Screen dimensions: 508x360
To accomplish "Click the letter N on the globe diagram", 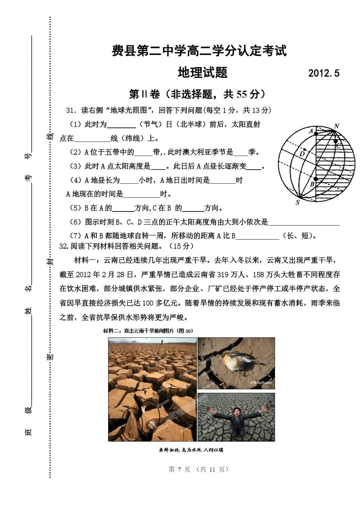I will [337, 126].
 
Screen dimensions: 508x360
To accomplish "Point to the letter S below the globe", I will [297, 202].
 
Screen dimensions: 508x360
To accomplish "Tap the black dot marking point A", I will [316, 133].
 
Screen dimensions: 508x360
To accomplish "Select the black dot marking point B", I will [315, 179].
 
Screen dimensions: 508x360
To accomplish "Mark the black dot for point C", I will [336, 141].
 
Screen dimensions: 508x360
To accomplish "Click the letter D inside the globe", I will [302, 154].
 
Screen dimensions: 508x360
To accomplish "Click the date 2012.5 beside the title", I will [323, 73].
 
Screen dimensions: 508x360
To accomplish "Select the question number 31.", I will [70, 110].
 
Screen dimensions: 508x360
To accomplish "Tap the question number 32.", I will [63, 246].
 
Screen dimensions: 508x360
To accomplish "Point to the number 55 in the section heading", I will [242, 94].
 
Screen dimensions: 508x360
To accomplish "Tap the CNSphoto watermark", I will [261, 383].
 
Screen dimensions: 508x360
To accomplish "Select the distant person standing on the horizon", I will [162, 342].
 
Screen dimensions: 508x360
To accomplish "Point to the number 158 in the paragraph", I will [258, 275].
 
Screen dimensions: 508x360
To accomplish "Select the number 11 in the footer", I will [212, 470].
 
